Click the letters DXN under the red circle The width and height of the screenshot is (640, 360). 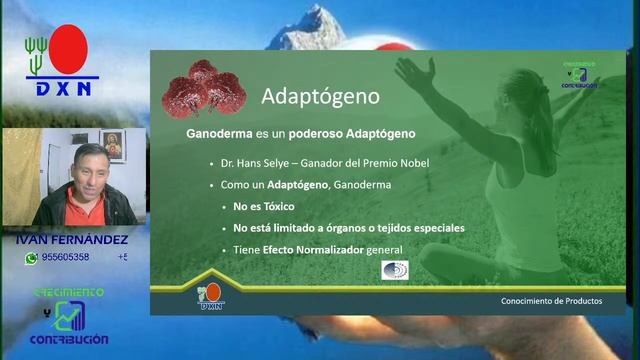[64, 88]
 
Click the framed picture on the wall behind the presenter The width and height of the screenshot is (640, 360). [112, 147]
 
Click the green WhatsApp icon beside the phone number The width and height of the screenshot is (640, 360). [32, 257]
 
